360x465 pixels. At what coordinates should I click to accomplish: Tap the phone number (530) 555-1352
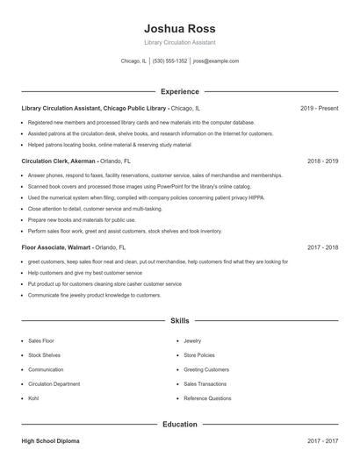[170, 61]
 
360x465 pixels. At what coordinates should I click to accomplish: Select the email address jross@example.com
[215, 61]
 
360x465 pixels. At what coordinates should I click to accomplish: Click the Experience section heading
[179, 91]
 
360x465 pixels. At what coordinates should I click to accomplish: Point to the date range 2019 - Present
[319, 108]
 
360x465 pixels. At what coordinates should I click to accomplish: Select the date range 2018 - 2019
[322, 161]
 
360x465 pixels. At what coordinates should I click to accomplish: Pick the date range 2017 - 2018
[322, 247]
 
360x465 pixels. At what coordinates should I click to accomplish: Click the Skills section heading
[179, 321]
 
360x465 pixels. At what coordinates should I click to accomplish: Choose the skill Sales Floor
[41, 340]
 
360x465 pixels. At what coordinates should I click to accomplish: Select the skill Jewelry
[192, 340]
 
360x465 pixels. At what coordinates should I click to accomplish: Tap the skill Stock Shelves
[45, 355]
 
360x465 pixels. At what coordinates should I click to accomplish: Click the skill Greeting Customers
[205, 369]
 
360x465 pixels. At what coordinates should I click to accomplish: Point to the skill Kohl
[34, 398]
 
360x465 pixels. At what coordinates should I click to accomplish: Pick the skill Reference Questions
[207, 398]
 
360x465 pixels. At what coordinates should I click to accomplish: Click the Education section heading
[179, 425]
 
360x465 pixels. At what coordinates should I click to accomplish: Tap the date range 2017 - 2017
[322, 440]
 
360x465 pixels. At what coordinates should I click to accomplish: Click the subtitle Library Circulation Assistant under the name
[179, 42]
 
